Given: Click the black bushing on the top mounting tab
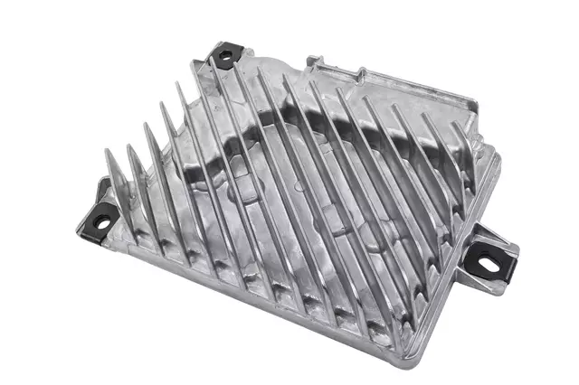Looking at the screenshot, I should coord(223,55).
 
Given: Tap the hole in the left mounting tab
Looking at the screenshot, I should coord(102,218).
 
